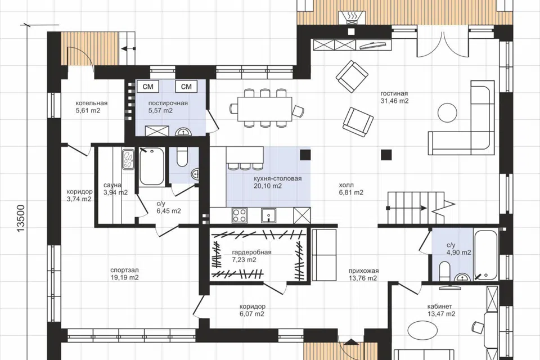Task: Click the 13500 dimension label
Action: tap(21, 218)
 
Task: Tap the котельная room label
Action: tap(91, 103)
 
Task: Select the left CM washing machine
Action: tap(148, 87)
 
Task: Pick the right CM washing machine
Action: tap(186, 87)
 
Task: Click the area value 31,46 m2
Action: tap(394, 101)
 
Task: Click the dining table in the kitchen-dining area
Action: tap(264, 109)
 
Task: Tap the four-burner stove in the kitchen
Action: tap(240, 215)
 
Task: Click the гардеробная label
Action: tap(251, 252)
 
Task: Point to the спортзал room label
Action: tap(124, 270)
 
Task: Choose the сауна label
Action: tap(112, 185)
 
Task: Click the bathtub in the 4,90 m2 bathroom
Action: tap(485, 255)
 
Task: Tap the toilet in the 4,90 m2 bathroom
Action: tap(445, 271)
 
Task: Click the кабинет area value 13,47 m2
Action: tap(441, 314)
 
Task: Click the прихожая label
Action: tap(363, 271)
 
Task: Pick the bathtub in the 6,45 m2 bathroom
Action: tap(151, 166)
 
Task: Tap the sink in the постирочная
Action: tap(185, 132)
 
